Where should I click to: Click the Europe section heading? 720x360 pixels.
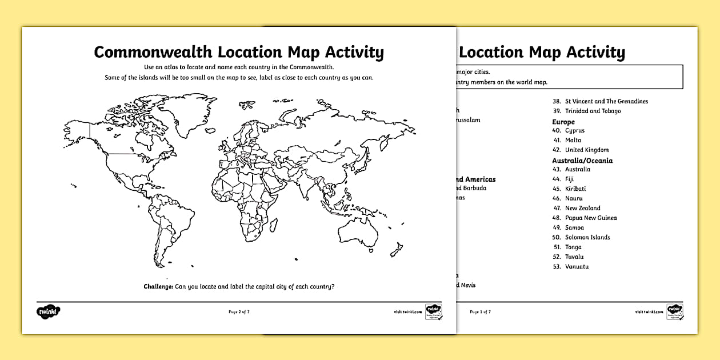tap(563, 122)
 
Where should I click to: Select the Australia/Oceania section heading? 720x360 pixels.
tap(582, 161)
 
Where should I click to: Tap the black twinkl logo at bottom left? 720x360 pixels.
tap(49, 312)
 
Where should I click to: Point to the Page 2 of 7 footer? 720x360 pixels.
tap(239, 312)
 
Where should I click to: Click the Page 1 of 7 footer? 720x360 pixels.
tap(480, 312)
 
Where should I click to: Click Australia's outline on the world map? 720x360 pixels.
tap(358, 231)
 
